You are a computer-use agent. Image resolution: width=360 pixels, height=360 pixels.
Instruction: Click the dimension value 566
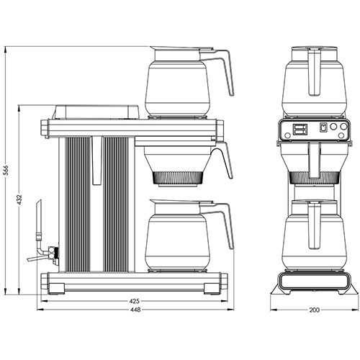pos(6,173)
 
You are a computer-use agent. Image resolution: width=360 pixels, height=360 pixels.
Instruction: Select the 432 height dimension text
pos(20,202)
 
